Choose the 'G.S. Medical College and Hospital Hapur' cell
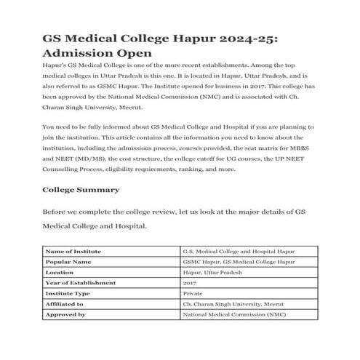240,251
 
